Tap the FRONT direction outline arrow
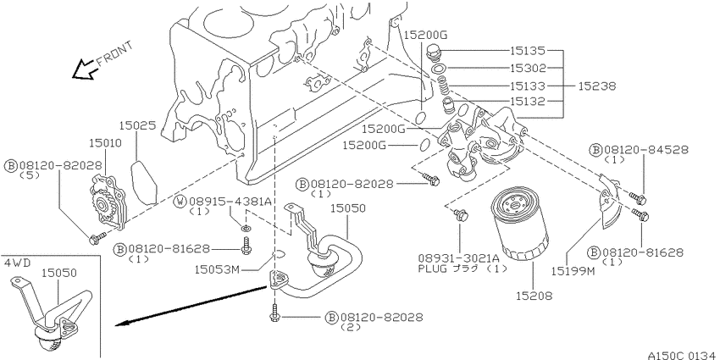tap(86, 70)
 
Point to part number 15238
tap(597, 86)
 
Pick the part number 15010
tap(103, 144)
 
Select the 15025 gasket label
tap(136, 125)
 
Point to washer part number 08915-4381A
tap(229, 202)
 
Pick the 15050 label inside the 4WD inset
tap(60, 273)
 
